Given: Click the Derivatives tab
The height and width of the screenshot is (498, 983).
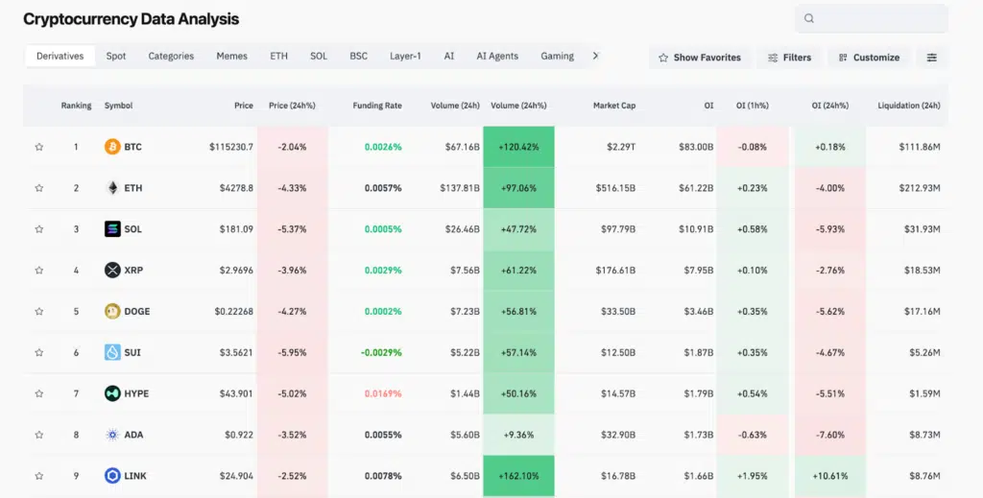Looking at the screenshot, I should pyautogui.click(x=60, y=57).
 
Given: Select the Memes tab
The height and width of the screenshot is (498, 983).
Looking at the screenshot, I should pyautogui.click(x=231, y=57).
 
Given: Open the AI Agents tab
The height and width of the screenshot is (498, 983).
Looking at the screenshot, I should pyautogui.click(x=497, y=57).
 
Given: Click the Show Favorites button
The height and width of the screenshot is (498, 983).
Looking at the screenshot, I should pyautogui.click(x=700, y=58).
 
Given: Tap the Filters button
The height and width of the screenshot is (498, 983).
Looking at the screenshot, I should pyautogui.click(x=789, y=58).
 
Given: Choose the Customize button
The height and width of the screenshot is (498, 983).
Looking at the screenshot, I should pyautogui.click(x=869, y=58).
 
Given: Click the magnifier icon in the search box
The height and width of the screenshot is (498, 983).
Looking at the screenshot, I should pyautogui.click(x=809, y=18).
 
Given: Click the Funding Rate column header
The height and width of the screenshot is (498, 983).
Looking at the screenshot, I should pyautogui.click(x=377, y=106).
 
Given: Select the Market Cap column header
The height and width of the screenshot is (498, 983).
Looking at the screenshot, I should pyautogui.click(x=614, y=106).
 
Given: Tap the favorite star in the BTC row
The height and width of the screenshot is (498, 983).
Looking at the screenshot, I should pyautogui.click(x=39, y=147).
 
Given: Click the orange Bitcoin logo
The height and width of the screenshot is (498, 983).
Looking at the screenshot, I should pyautogui.click(x=112, y=147).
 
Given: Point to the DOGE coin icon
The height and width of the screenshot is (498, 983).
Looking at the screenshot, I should pyautogui.click(x=112, y=311).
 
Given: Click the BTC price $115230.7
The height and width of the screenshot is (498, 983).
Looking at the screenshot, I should pyautogui.click(x=231, y=147).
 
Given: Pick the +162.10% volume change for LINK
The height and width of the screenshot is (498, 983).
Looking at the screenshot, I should pyautogui.click(x=518, y=476).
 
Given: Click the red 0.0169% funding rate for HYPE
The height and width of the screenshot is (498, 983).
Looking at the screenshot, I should pyautogui.click(x=383, y=393).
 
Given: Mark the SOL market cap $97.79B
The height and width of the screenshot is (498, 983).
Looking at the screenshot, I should pyautogui.click(x=615, y=229).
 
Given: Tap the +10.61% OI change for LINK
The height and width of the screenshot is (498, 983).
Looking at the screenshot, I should pyautogui.click(x=830, y=476).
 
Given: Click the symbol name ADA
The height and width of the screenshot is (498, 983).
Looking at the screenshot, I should pyautogui.click(x=133, y=435).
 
